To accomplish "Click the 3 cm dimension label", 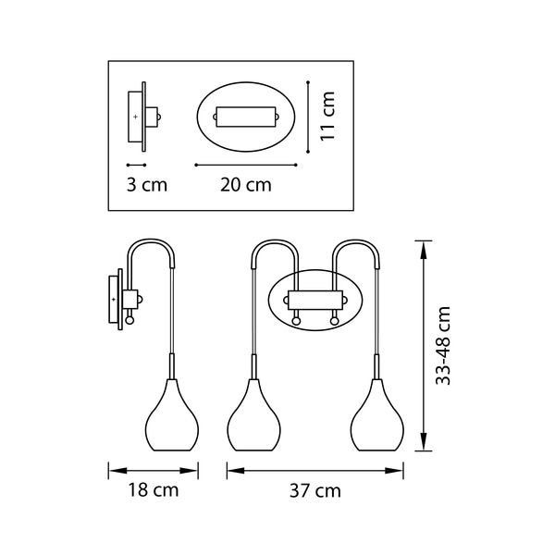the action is click(147, 185).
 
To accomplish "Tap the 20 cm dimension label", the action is click(246, 185).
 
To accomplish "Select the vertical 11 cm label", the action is click(327, 116).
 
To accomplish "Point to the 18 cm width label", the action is click(154, 490).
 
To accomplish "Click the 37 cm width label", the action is click(315, 491).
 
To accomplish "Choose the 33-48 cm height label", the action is click(443, 345).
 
